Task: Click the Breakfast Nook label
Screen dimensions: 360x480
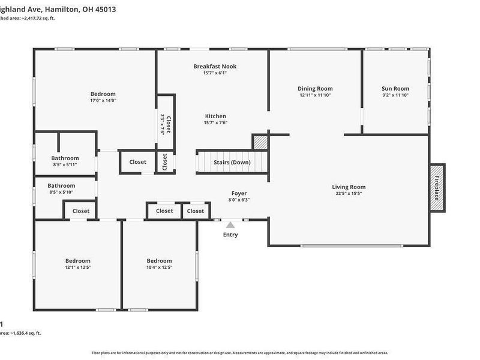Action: coord(215,66)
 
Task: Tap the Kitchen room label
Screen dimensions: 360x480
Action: coord(215,116)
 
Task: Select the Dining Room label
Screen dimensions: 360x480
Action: coord(316,89)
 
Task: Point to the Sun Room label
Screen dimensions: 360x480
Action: coord(395,89)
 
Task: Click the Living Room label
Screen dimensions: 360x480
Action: coord(349,187)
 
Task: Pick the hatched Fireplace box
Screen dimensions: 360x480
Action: coord(437,188)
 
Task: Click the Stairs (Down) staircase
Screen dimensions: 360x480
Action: coord(232,163)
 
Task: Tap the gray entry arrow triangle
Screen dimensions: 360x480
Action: coord(230,224)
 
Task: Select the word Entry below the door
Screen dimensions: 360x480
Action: coord(230,235)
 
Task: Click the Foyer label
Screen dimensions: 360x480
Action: coord(239,193)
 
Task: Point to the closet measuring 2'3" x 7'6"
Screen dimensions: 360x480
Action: coord(166,124)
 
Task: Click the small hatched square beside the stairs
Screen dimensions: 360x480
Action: coord(260,143)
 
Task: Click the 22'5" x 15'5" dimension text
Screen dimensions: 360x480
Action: coord(349,193)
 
